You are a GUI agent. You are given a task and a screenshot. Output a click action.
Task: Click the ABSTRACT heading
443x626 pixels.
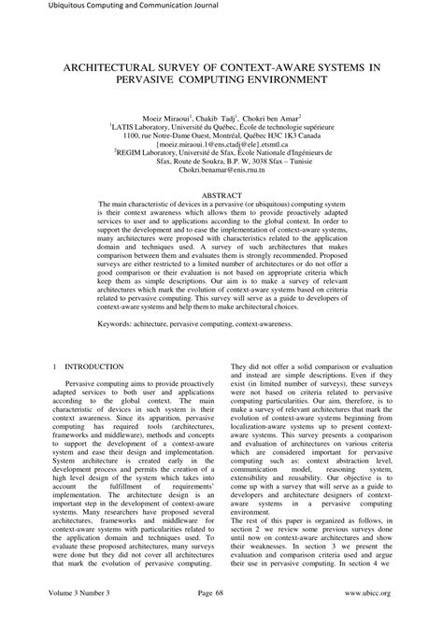[221, 211]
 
